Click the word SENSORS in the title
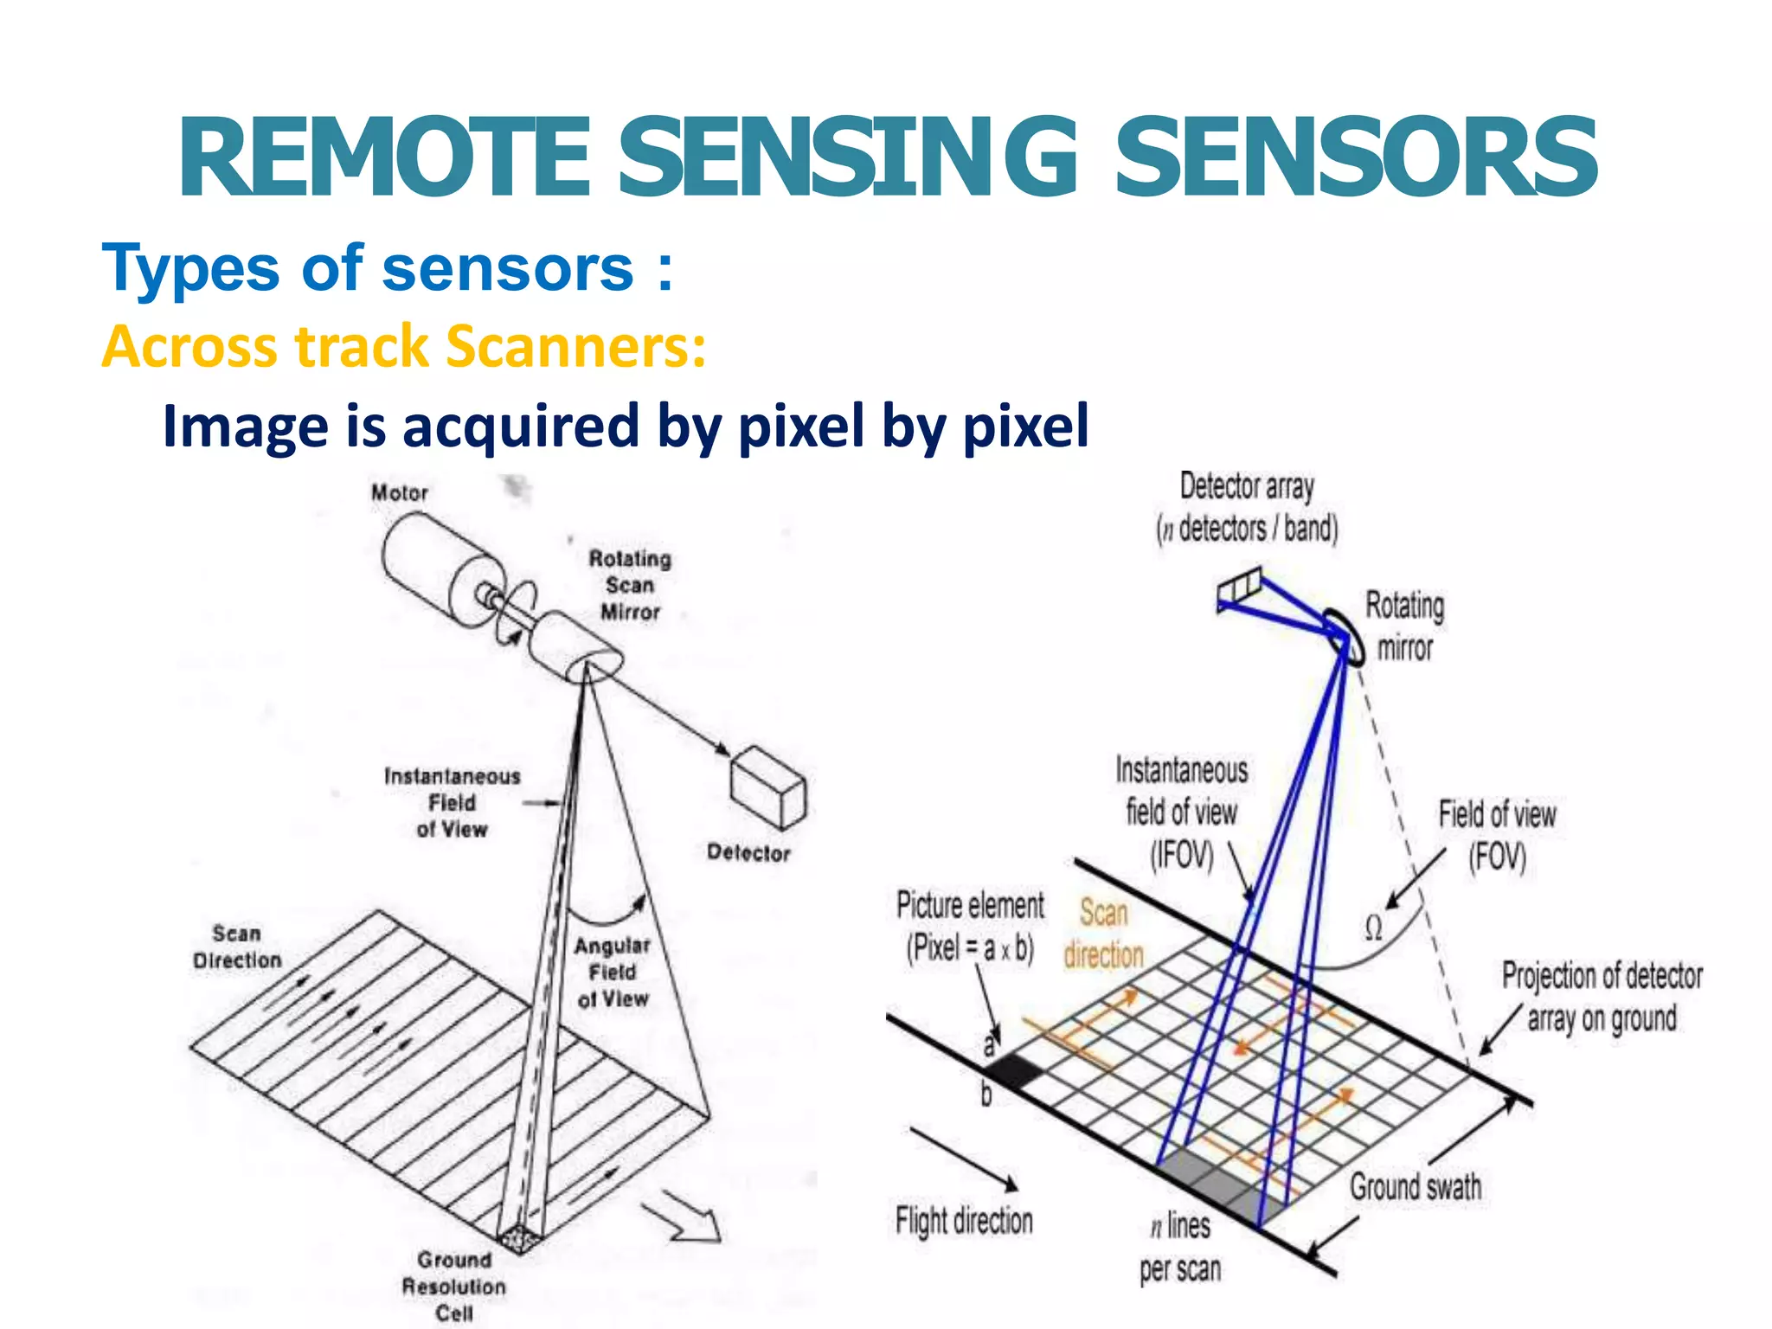[1356, 158]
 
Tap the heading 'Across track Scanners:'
[403, 347]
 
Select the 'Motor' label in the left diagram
[400, 493]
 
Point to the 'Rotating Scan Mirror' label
[630, 586]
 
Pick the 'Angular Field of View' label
[613, 973]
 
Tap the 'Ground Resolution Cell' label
[453, 1286]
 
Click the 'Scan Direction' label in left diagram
[237, 947]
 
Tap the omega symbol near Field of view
[1373, 928]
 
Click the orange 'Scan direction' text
[1103, 934]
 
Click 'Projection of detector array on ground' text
[1602, 997]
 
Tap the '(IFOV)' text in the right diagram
[1182, 855]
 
